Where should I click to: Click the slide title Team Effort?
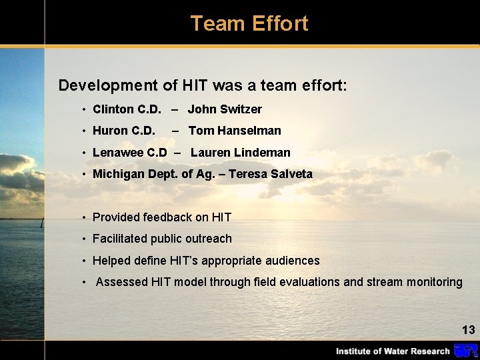(249, 23)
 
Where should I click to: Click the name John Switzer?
(225, 109)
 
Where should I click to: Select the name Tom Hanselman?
(235, 131)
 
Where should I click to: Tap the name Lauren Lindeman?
(240, 153)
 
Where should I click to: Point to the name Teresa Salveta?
(270, 174)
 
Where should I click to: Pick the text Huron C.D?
(124, 131)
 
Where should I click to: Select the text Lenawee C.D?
(129, 153)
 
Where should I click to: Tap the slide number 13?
(468, 330)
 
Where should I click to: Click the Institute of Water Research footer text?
(393, 351)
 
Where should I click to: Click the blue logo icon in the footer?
(465, 351)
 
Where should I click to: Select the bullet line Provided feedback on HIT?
(162, 217)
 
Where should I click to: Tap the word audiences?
(291, 261)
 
